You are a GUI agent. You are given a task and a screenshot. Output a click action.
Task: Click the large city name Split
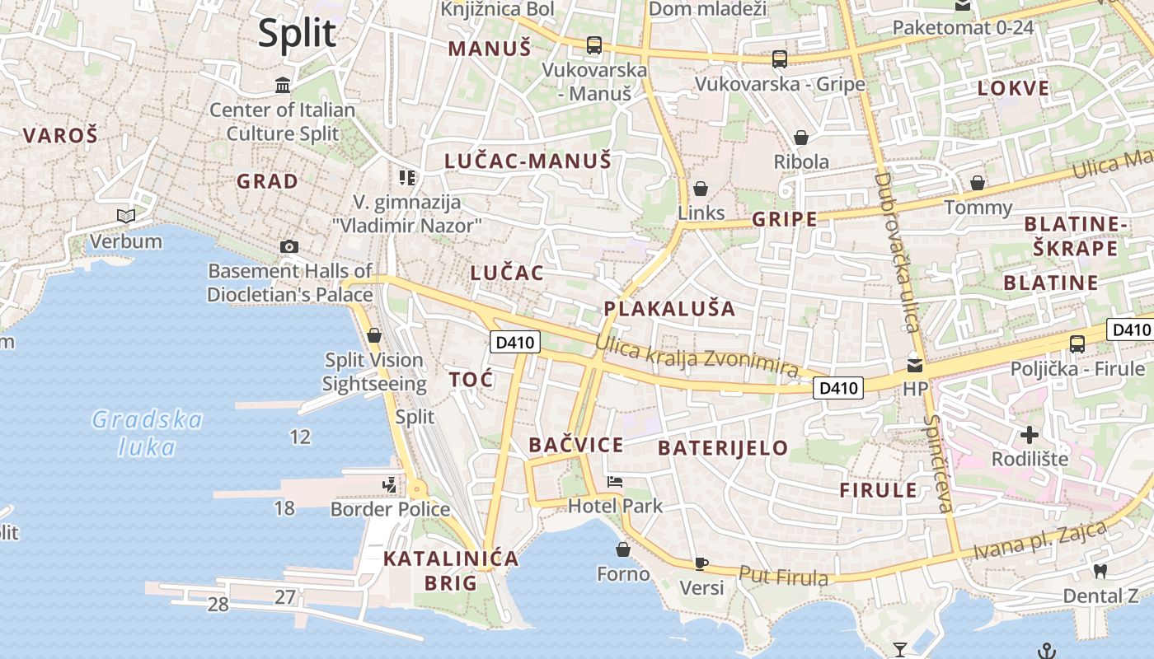click(x=297, y=34)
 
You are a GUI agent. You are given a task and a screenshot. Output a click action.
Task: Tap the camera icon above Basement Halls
click(x=289, y=246)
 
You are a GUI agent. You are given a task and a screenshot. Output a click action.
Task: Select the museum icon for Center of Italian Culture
click(x=283, y=85)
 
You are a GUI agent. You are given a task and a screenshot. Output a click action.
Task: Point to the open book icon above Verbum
click(x=126, y=217)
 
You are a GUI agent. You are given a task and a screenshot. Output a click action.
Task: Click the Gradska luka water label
click(x=147, y=433)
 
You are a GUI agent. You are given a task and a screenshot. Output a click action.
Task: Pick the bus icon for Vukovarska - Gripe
click(x=779, y=59)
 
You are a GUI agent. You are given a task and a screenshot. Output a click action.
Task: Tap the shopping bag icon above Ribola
click(x=800, y=138)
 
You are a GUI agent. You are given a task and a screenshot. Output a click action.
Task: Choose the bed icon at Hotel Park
click(x=614, y=482)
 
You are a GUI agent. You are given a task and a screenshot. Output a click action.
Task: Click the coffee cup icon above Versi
click(x=701, y=563)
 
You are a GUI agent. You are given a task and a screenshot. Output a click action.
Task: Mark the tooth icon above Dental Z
click(x=1100, y=571)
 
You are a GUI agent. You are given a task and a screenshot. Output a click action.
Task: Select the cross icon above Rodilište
click(x=1030, y=434)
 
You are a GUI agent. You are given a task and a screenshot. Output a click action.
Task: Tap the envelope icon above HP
click(x=915, y=364)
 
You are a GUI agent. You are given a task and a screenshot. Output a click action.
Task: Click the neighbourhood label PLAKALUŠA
click(x=669, y=309)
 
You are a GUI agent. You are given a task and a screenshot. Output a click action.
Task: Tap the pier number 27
click(x=284, y=597)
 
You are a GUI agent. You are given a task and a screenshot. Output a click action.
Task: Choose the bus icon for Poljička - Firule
click(x=1077, y=344)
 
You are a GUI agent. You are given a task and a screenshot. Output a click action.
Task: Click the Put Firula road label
click(x=783, y=576)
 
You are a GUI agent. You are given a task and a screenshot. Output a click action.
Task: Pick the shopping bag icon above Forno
click(x=623, y=549)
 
